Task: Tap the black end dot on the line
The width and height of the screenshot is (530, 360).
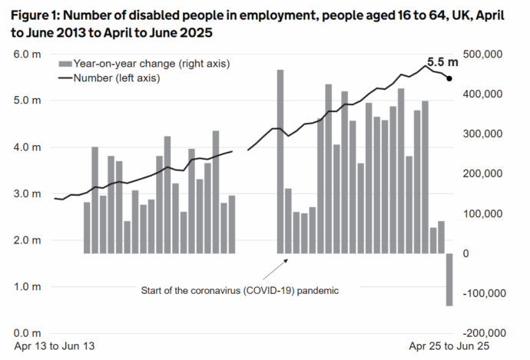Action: point(449,78)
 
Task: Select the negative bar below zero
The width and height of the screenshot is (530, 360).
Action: point(449,279)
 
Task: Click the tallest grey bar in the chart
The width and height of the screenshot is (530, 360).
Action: point(280,161)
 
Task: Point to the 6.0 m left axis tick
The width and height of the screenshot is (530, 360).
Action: point(27,54)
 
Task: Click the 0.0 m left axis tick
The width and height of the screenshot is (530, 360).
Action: point(27,333)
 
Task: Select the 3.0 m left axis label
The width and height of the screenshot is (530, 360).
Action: point(27,193)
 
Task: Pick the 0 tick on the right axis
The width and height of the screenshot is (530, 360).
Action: point(465,253)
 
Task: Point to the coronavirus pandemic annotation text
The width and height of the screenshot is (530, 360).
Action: point(240,291)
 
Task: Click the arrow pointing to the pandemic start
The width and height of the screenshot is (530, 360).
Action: point(275,269)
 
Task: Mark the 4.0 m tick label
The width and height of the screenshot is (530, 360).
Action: point(27,147)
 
